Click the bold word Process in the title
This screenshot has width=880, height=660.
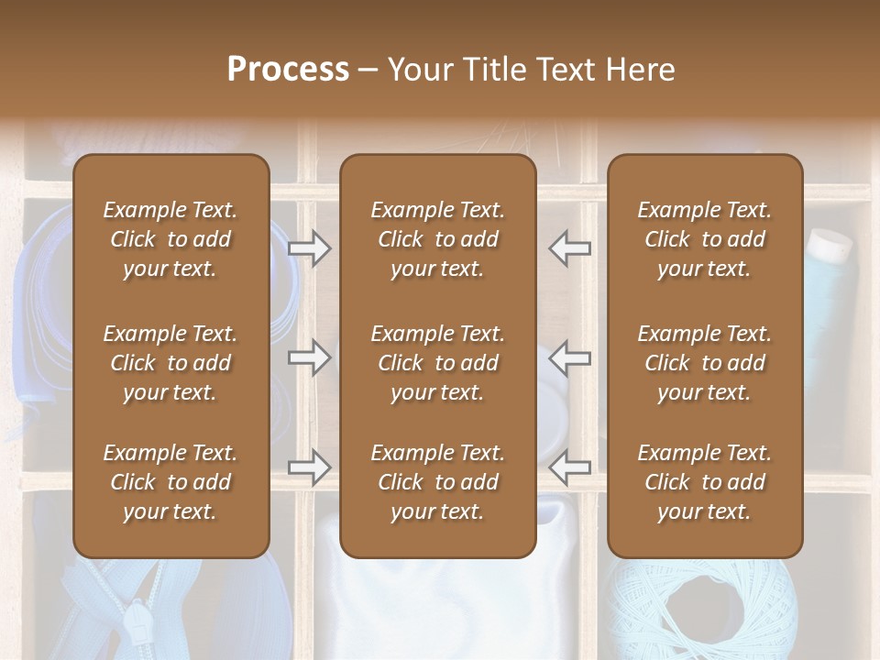288,70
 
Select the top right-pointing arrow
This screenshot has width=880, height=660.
309,248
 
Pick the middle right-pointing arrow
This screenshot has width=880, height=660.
309,357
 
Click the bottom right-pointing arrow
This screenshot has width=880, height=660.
309,467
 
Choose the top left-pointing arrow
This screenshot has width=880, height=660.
569,248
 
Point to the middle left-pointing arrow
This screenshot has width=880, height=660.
569,357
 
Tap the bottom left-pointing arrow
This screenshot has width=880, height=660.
569,467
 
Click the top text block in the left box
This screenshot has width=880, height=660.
170,239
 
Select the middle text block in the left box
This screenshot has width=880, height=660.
170,363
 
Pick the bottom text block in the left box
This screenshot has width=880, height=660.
170,482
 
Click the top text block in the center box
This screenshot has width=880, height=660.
437,239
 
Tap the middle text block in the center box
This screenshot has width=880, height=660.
437,363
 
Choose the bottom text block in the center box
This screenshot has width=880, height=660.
437,482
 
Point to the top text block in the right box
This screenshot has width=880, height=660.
704,239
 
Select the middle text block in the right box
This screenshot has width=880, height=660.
704,363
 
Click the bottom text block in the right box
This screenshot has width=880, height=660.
704,482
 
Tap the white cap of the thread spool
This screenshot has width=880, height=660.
829,243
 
